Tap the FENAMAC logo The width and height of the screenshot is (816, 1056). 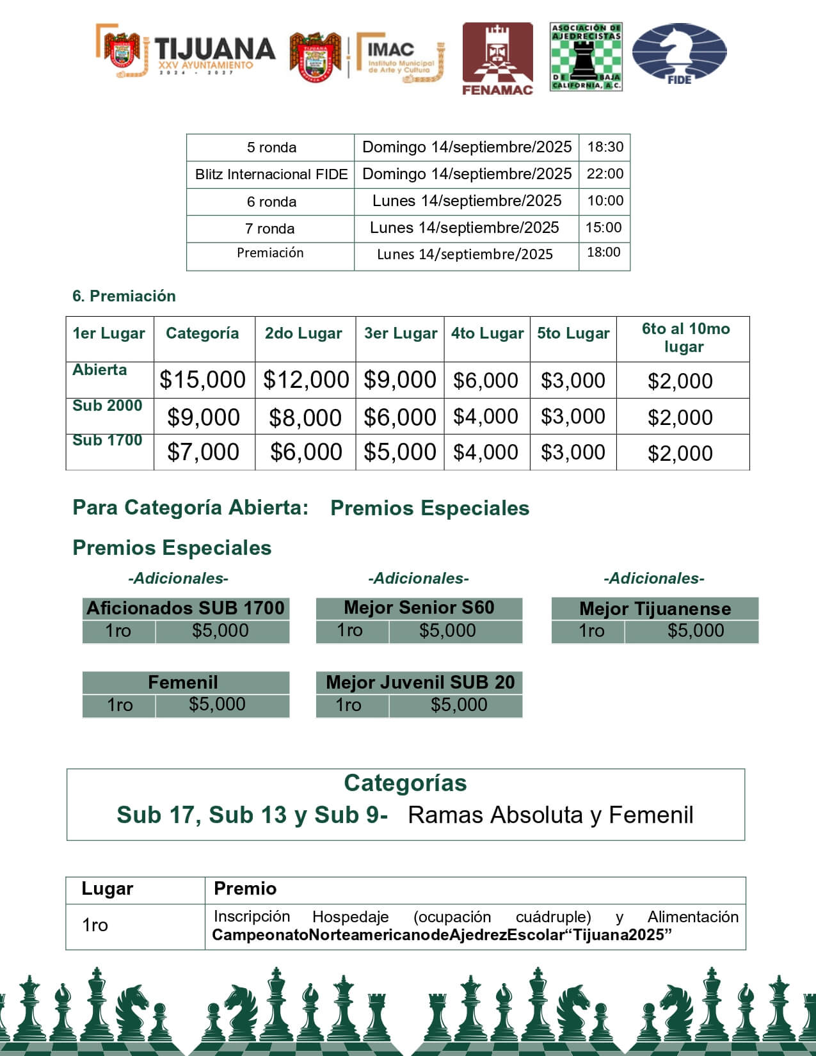point(497,59)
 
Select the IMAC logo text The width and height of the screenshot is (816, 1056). point(391,49)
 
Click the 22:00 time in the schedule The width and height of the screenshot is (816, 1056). point(605,173)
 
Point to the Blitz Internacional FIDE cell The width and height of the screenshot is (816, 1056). point(271,174)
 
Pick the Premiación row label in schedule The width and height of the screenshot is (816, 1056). point(270,253)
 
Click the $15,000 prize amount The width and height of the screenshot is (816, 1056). point(202,380)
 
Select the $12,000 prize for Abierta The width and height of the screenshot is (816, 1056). point(306,380)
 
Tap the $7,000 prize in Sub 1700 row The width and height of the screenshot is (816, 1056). point(203,452)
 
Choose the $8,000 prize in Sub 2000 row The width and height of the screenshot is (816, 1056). point(305,417)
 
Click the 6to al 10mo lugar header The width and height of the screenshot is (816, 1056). point(685,337)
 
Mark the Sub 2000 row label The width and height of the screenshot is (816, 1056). point(107,406)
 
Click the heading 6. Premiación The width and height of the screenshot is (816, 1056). point(124,296)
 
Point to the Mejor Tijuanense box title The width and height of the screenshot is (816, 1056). point(655,608)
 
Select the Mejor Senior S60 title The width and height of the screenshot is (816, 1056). point(419,607)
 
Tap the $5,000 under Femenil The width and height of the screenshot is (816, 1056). point(217,704)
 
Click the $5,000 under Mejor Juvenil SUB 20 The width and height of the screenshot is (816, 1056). point(459,705)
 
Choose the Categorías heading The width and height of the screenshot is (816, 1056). point(405,783)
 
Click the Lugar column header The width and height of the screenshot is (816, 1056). point(108,888)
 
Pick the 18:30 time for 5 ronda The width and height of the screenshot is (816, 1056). point(605,147)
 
